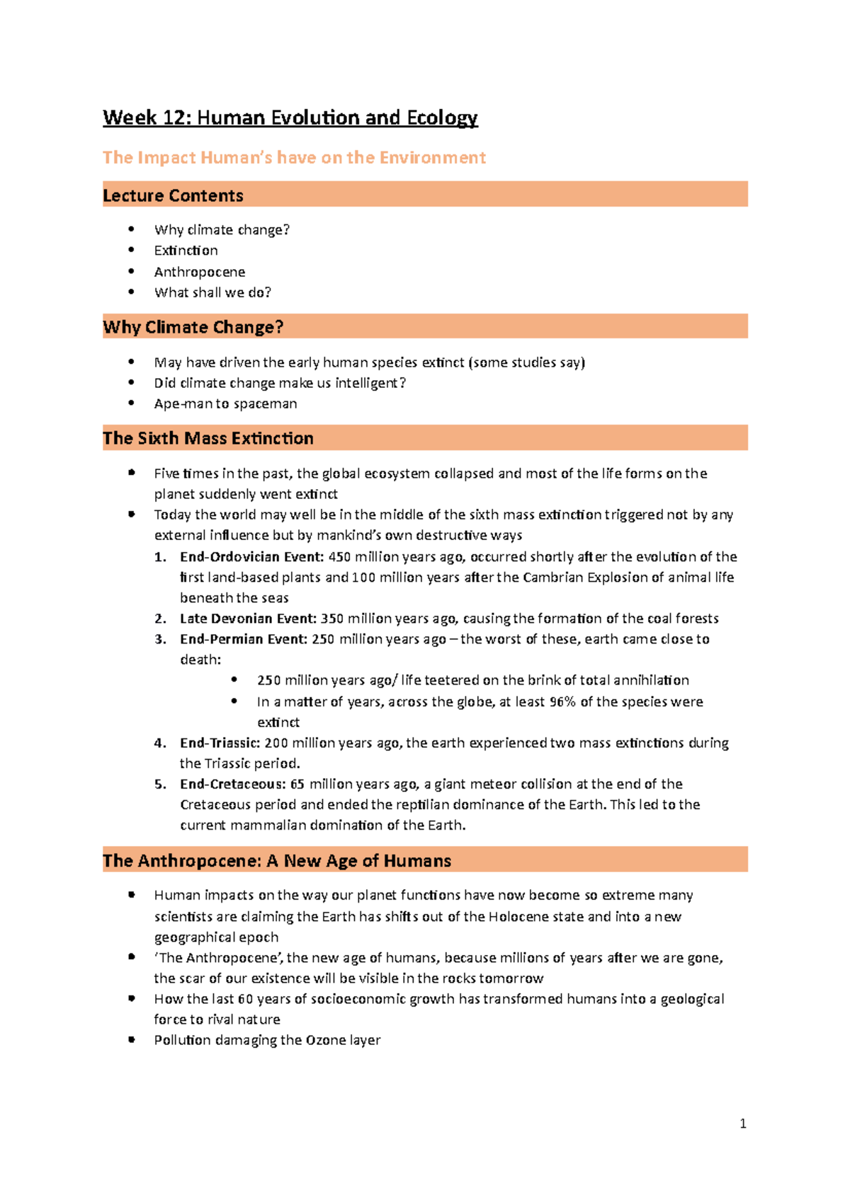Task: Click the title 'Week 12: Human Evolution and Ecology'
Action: coord(290,118)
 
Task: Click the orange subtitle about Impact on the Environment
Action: coord(294,157)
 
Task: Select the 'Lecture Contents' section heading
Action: coord(173,195)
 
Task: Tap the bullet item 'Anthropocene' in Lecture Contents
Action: coord(200,272)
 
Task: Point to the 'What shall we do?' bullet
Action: coord(212,292)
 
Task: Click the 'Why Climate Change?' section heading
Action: coord(193,327)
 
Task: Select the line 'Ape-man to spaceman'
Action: coord(225,403)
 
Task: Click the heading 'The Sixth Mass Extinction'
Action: coord(208,438)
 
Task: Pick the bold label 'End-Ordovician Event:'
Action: coord(251,557)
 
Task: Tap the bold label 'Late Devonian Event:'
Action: coord(248,619)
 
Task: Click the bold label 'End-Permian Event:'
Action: coord(244,639)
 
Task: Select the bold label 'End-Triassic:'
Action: coord(220,743)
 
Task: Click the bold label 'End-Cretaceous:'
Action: coord(232,784)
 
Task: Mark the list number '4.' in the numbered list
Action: coord(160,743)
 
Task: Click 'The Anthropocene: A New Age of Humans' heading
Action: coord(276,861)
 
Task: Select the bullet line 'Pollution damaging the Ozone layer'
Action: coord(267,1040)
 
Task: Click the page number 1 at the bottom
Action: coord(742,1123)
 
